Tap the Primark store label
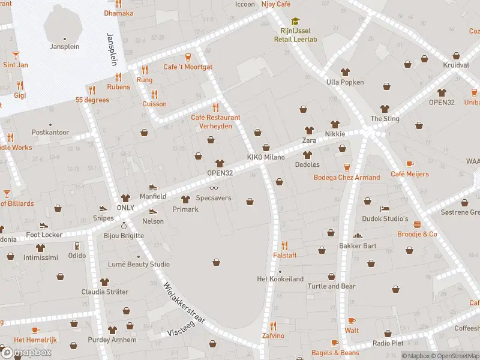tap(185, 209)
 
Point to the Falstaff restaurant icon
tap(285, 245)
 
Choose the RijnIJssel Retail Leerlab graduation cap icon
tap(295, 21)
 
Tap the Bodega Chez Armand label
tap(347, 177)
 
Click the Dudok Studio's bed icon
tap(385, 209)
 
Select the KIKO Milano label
tap(266, 157)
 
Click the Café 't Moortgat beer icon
tap(188, 57)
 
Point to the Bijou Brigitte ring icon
tap(124, 226)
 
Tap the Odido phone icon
tap(77, 246)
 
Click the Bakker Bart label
tap(358, 245)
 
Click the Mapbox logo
tap(26, 352)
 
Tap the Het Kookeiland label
tap(280, 279)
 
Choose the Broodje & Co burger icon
tap(417, 224)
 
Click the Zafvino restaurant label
tap(273, 335)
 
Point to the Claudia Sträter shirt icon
tap(105, 282)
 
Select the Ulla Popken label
tap(345, 82)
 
